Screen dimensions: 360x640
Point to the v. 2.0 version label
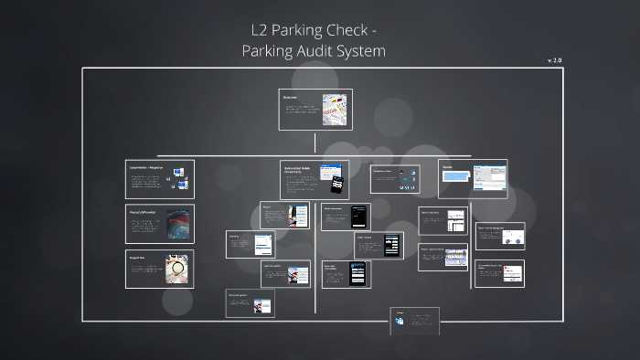555,59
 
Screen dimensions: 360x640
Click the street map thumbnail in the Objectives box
336,109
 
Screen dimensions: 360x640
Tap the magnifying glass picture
177,268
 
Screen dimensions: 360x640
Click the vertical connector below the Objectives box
315,143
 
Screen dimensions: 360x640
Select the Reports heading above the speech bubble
448,166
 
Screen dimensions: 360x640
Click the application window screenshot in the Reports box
495,176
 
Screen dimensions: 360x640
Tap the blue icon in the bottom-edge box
400,320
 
